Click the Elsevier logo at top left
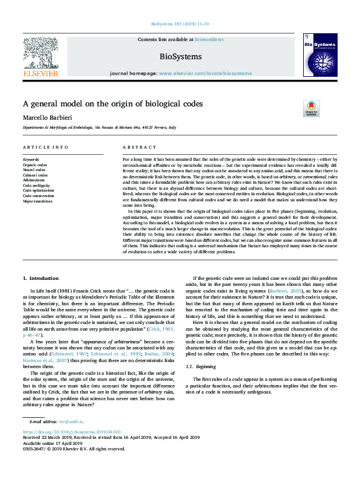click(40, 57)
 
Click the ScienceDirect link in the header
click(207, 39)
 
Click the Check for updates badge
click(311, 108)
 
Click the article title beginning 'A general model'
click(113, 103)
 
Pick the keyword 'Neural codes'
click(34, 170)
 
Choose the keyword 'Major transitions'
click(38, 201)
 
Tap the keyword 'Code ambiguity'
click(36, 186)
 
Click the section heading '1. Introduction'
click(41, 278)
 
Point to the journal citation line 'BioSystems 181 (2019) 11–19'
click(180, 25)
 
